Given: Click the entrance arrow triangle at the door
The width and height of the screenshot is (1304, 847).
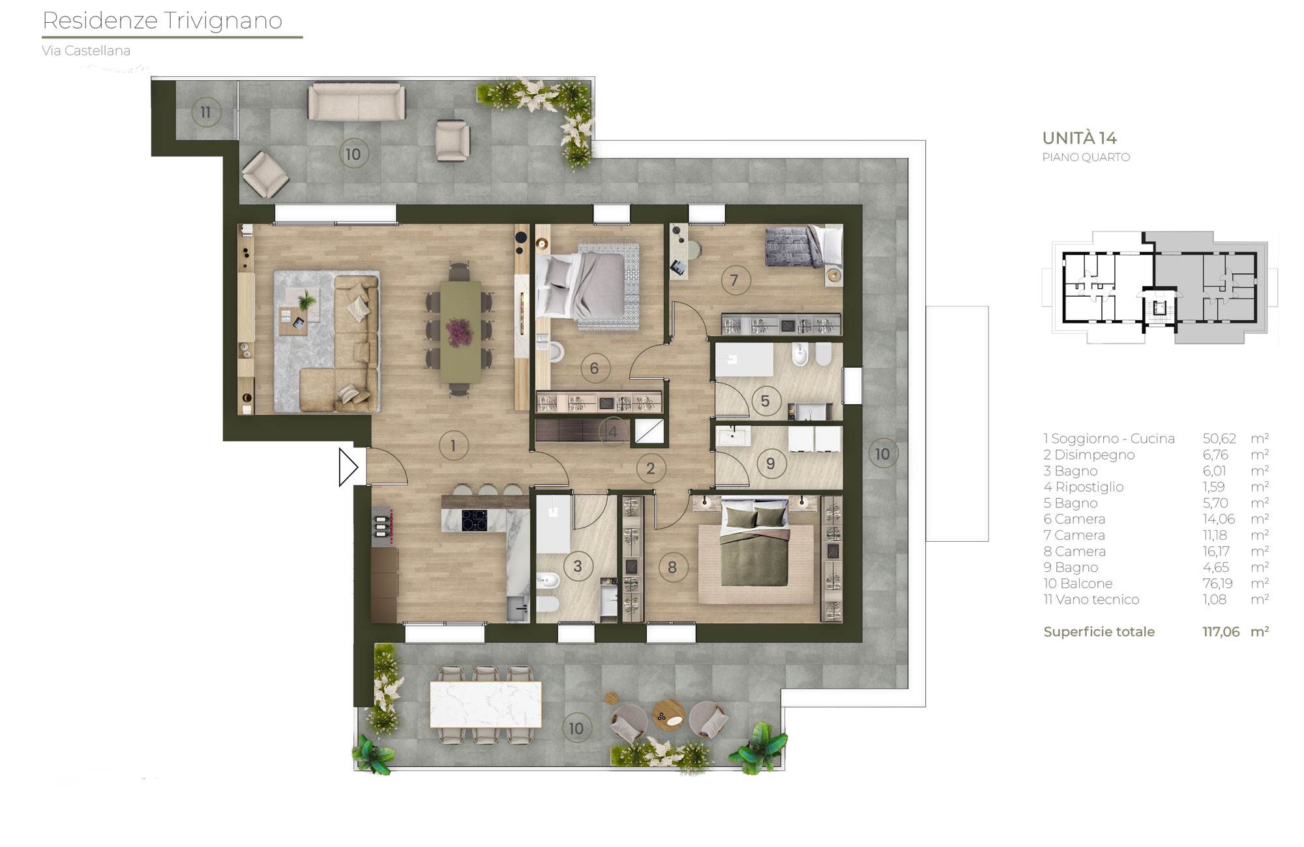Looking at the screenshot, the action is point(348,467).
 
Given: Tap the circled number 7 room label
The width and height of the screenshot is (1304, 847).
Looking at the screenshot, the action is point(735,280).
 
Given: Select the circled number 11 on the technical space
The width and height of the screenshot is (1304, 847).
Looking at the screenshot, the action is point(205,113).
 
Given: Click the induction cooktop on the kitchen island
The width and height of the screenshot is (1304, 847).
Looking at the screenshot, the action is point(474,520).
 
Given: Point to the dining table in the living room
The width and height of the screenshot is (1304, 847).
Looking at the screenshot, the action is point(461,331).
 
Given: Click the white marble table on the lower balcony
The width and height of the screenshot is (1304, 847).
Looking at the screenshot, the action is point(486,704).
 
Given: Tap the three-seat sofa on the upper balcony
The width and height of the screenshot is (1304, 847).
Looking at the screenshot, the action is point(356,102).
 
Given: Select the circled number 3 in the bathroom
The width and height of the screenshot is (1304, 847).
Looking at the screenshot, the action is point(577,566).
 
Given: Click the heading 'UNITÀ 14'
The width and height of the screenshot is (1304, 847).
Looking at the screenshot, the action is point(1079,138).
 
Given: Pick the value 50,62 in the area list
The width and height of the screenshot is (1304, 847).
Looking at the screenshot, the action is point(1219,439).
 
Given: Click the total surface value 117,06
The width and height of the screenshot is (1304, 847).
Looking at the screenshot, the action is point(1221,632).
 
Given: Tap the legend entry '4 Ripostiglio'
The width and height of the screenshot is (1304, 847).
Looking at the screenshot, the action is point(1083,487).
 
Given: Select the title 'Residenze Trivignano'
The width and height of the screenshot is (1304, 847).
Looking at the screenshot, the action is point(162,21).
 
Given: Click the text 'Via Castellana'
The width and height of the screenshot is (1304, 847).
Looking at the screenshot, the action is point(86,51).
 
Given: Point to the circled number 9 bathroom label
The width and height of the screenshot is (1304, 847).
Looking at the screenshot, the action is point(770,464).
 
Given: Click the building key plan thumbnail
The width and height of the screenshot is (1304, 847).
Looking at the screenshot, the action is point(1160,288).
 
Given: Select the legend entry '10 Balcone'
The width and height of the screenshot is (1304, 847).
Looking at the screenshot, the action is point(1078,584).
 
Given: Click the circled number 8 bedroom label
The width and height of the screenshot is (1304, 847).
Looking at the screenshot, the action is point(672,567).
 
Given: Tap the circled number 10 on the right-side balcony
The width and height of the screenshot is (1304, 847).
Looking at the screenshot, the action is point(882,454).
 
